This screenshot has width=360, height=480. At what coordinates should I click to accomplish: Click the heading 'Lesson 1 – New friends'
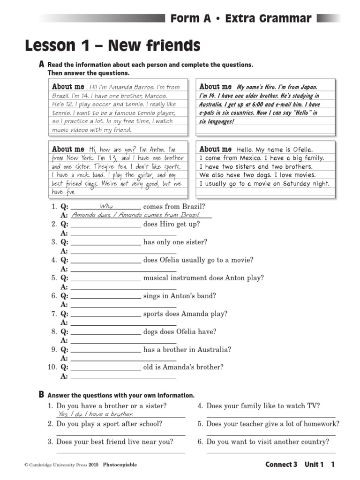pyautogui.click(x=112, y=46)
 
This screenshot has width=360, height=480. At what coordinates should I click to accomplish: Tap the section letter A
pyautogui.click(x=42, y=64)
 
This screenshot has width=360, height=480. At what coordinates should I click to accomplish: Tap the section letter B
pyautogui.click(x=42, y=395)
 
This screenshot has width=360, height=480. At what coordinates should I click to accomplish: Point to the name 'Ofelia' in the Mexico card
pyautogui.click(x=302, y=150)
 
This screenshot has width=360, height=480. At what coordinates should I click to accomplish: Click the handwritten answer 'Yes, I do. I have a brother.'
pyautogui.click(x=96, y=414)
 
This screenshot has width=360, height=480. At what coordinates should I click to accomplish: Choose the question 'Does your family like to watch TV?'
pyautogui.click(x=263, y=406)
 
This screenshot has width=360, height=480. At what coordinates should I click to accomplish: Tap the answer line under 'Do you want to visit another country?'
pyautogui.click(x=271, y=452)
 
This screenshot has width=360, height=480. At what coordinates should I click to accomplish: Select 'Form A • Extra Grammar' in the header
pyautogui.click(x=240, y=19)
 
